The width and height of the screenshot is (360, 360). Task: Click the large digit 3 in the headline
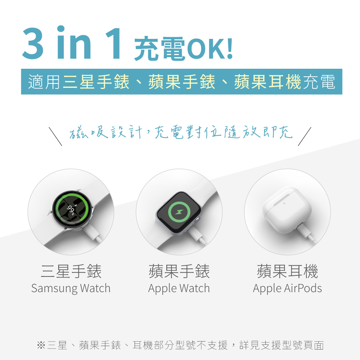coord(33,43)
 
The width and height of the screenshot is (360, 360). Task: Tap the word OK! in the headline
coord(210,49)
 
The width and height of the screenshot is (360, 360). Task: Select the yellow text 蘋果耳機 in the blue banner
coord(268,82)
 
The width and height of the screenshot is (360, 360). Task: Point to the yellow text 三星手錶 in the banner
coord(96,82)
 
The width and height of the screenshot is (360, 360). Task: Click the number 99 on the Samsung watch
coord(71,209)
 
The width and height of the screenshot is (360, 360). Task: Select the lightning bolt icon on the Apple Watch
coord(179,212)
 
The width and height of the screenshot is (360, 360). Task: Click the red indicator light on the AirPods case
coord(284,203)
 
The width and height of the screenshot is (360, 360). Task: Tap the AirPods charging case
coord(287,211)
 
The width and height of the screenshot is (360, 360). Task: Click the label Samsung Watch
coord(71,288)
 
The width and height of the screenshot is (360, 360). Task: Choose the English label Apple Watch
coord(179,288)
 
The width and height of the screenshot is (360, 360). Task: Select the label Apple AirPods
coord(287,288)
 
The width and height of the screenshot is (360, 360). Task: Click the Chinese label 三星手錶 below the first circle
coord(71,271)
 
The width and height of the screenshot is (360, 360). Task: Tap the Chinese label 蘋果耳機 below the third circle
coord(287,271)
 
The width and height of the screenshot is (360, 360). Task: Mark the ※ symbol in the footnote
coord(41,345)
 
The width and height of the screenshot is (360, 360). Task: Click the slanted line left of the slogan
coord(55,136)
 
